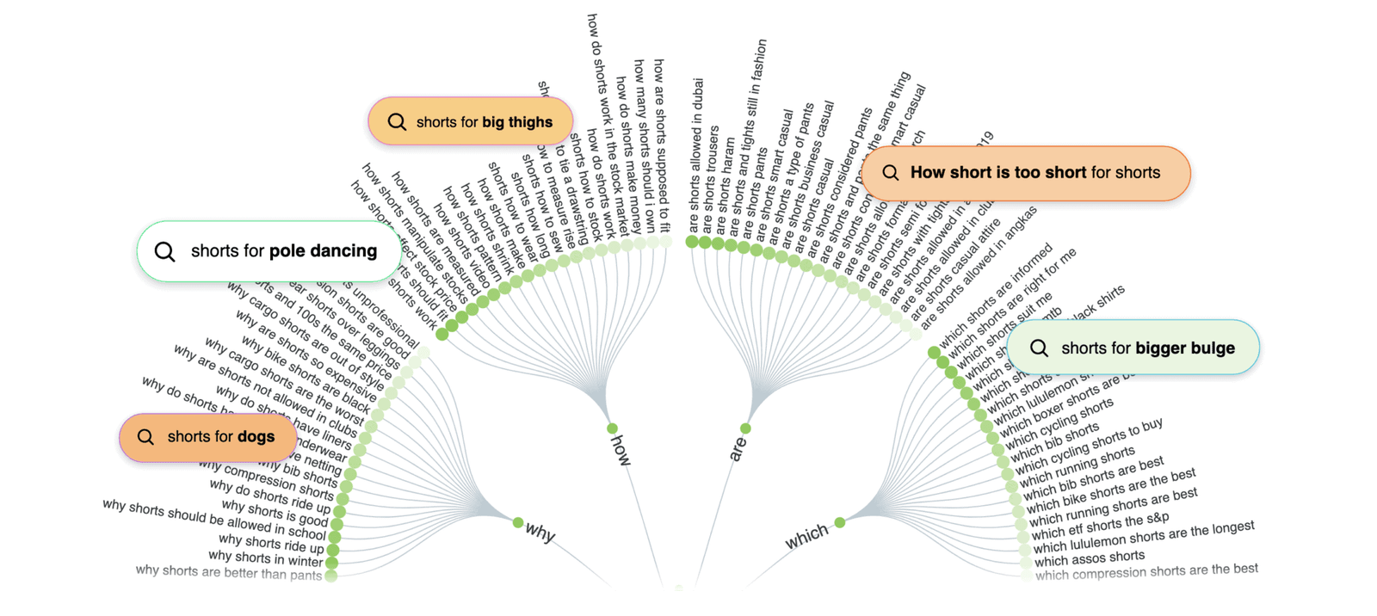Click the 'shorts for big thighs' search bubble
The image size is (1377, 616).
(470, 121)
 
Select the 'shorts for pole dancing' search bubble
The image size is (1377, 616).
(269, 251)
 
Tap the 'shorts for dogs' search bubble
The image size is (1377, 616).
(207, 437)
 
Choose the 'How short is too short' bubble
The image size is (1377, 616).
(1025, 173)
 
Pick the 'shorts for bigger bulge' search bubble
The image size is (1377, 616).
(1133, 348)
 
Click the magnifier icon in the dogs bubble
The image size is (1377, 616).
(145, 437)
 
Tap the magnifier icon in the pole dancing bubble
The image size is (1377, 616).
(164, 251)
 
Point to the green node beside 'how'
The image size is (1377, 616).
(612, 428)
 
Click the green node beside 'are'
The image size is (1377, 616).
(745, 428)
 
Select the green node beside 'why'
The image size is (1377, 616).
(517, 522)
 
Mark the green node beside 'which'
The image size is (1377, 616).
(839, 522)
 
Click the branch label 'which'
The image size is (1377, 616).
(806, 538)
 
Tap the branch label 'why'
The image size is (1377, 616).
(540, 533)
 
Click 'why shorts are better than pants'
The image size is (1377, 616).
(228, 572)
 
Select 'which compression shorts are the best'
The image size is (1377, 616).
(1146, 571)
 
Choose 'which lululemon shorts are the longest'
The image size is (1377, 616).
(1144, 537)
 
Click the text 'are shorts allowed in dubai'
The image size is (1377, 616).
(696, 155)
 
